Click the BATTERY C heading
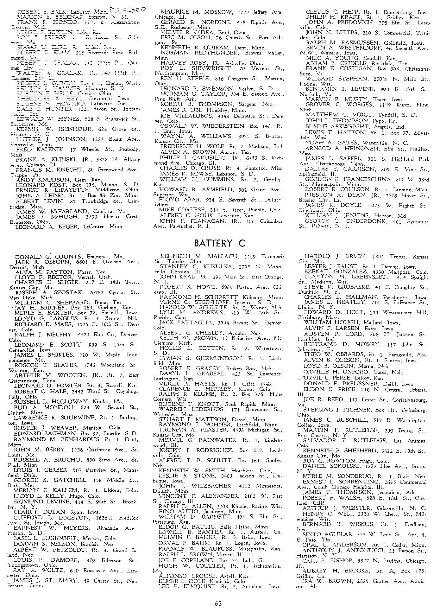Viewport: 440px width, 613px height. (219, 243)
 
